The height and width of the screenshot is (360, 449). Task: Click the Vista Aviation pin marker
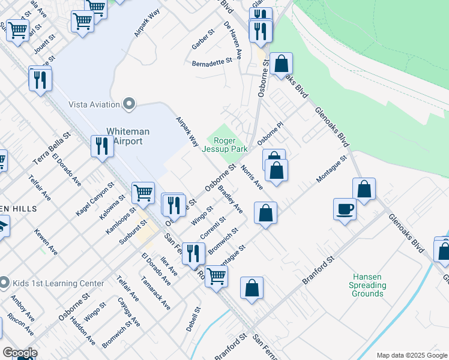pyautogui.click(x=128, y=104)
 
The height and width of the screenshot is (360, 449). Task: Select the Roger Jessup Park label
pyautogui.click(x=225, y=145)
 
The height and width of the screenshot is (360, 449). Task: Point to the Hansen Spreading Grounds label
pyautogui.click(x=368, y=285)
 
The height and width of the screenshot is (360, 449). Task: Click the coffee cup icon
pyautogui.click(x=345, y=209)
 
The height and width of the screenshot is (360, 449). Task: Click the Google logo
pyautogui.click(x=20, y=353)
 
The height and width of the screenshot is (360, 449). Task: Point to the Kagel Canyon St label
pyautogui.click(x=94, y=200)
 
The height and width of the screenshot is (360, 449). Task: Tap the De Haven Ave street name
pyautogui.click(x=232, y=40)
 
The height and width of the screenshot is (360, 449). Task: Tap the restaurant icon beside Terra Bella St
pyautogui.click(x=101, y=146)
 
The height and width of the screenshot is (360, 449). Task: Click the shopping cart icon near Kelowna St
pyautogui.click(x=143, y=193)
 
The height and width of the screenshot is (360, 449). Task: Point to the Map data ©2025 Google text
pyautogui.click(x=411, y=355)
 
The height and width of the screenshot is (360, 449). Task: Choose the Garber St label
pyautogui.click(x=203, y=38)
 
